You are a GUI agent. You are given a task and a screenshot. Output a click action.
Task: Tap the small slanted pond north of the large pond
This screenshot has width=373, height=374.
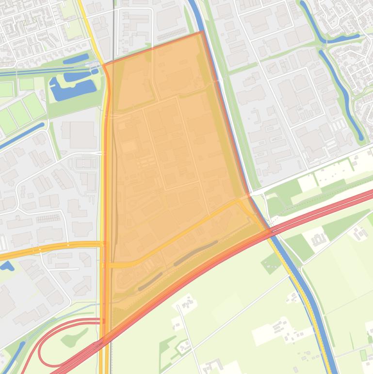(76, 59)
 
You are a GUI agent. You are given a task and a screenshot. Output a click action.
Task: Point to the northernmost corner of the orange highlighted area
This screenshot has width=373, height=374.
(202, 32)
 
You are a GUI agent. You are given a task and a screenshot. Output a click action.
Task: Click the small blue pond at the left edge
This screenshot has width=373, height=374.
(6, 266)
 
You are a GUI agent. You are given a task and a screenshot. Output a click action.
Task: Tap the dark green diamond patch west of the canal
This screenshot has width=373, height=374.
(271, 264)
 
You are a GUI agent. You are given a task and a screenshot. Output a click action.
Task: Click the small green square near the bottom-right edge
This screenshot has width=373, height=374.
(363, 356)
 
